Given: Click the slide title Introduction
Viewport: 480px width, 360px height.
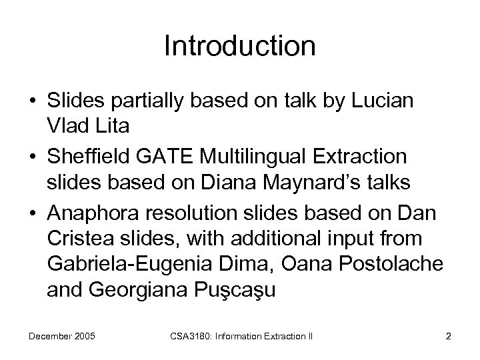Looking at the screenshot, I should [x=239, y=47].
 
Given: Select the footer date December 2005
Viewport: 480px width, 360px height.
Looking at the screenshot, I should [x=63, y=335].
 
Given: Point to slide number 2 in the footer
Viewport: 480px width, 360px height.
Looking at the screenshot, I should [x=449, y=335].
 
